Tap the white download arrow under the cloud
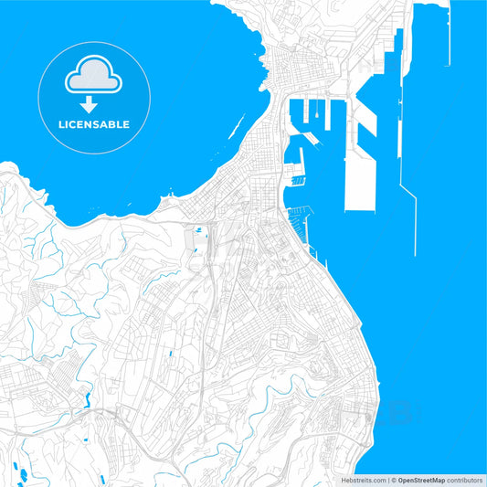coord(89,105)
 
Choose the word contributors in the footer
coord(464,479)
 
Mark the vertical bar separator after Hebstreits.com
coord(389,479)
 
